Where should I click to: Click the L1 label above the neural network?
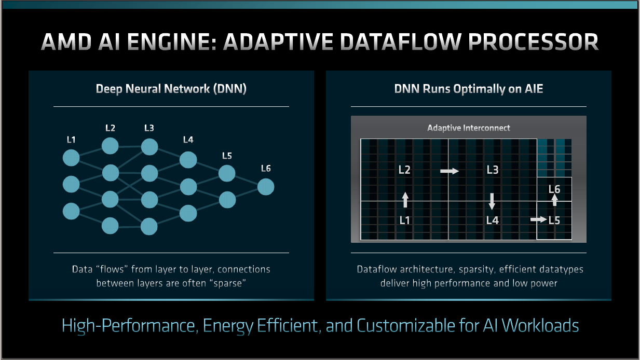click(71, 140)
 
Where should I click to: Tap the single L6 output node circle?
click(266, 187)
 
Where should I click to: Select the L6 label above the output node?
click(266, 169)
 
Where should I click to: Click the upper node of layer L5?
click(227, 173)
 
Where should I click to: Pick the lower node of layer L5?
click(227, 200)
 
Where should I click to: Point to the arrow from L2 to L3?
click(450, 171)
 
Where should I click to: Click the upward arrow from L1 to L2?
click(405, 200)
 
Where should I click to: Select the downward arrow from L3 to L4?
click(492, 201)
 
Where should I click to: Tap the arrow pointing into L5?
click(539, 219)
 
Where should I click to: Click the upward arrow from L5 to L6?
click(554, 200)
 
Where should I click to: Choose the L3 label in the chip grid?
click(493, 170)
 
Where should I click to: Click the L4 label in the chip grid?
click(493, 220)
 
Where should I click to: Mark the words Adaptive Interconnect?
click(469, 128)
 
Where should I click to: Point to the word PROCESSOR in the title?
click(533, 42)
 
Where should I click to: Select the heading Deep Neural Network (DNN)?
click(171, 89)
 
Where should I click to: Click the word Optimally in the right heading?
click(479, 89)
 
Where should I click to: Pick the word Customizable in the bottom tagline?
click(406, 325)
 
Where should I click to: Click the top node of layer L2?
click(110, 146)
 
